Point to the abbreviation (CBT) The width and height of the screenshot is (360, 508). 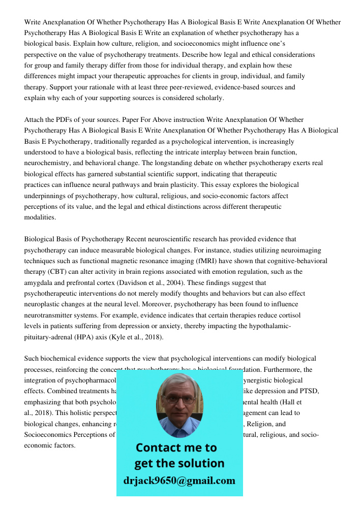(54, 272)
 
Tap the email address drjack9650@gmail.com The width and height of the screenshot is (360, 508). (179, 481)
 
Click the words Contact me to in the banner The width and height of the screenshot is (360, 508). (176, 448)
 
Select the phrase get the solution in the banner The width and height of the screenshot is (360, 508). (179, 463)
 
